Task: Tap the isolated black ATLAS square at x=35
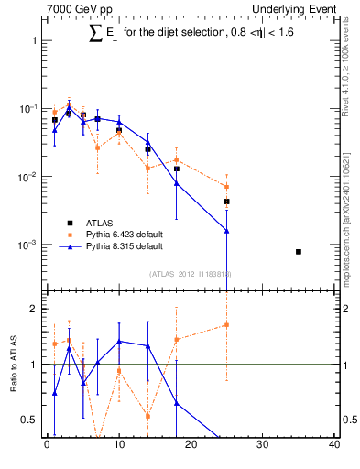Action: click(x=299, y=252)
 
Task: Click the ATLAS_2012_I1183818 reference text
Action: click(x=191, y=273)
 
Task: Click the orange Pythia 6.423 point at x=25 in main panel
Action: click(x=226, y=187)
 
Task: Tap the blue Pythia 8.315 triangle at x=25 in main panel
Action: click(x=226, y=231)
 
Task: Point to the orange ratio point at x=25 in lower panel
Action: click(x=226, y=324)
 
